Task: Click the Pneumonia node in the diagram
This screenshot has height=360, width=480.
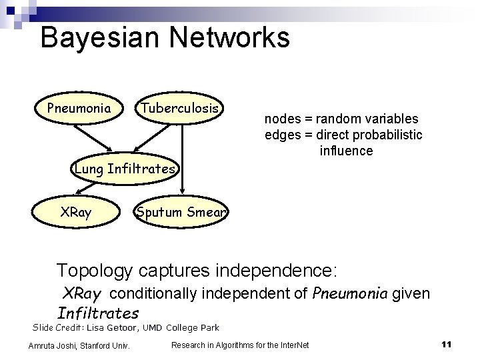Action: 79,108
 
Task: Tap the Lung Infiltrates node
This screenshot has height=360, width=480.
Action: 125,169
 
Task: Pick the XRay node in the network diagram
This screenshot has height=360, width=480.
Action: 76,213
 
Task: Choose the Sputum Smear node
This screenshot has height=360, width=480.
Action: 181,213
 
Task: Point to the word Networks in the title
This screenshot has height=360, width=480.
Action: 229,37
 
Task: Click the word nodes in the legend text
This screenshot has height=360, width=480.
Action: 281,119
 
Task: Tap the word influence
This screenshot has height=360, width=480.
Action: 346,151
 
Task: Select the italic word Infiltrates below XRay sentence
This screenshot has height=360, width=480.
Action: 99,313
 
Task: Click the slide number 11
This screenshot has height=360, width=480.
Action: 447,344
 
